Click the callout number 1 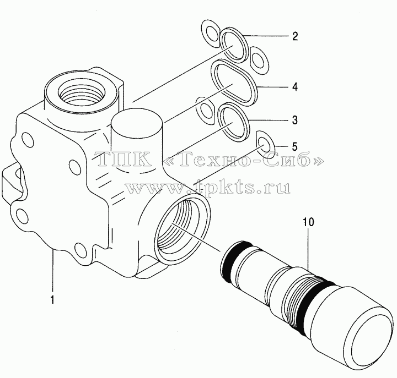(52, 300)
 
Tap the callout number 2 (294, 36)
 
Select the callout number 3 (294, 120)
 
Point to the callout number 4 (294, 87)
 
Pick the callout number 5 (294, 146)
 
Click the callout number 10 (308, 222)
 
